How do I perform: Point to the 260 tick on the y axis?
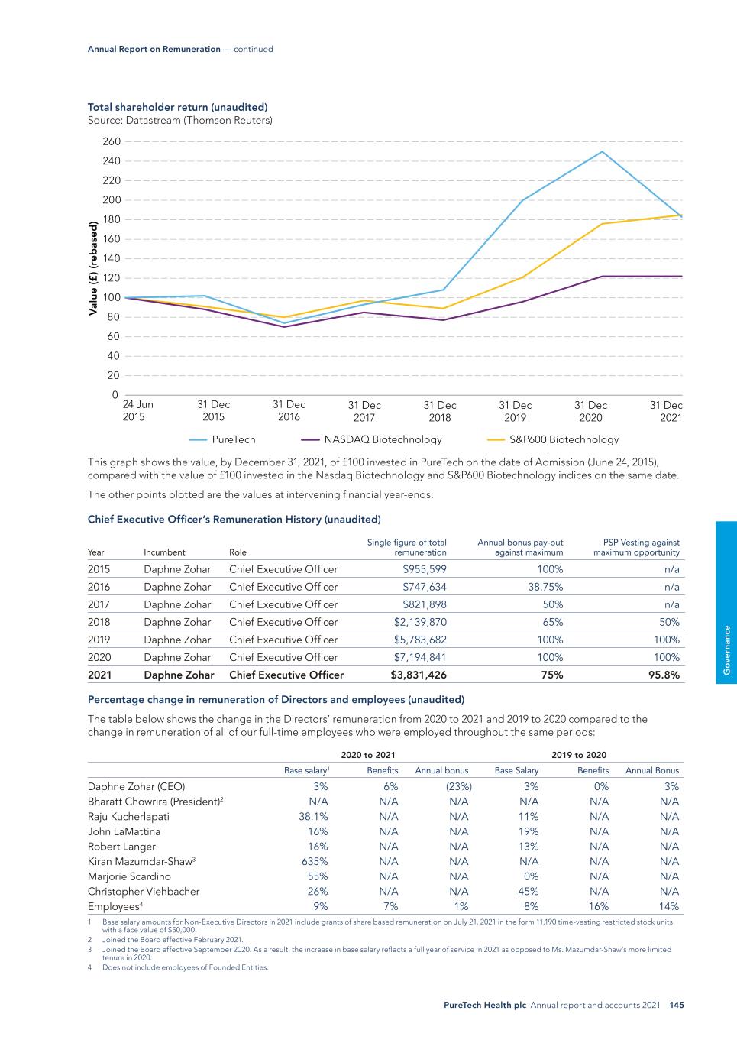(111, 141)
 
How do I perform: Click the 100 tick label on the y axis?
(111, 297)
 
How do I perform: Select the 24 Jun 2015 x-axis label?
(137, 410)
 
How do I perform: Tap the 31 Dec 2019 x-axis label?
(516, 411)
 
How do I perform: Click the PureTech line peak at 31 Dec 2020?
(602, 151)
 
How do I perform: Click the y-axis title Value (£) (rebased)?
(93, 268)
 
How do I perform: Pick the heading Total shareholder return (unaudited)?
(177, 107)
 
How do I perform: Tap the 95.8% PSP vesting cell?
(664, 675)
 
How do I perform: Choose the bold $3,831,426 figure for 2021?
(419, 675)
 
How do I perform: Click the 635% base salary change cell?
(315, 861)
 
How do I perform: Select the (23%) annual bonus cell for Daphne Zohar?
(457, 786)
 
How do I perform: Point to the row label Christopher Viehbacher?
(144, 891)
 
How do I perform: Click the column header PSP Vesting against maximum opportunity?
(636, 547)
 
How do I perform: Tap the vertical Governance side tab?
(727, 650)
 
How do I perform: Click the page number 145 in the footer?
(676, 1006)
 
